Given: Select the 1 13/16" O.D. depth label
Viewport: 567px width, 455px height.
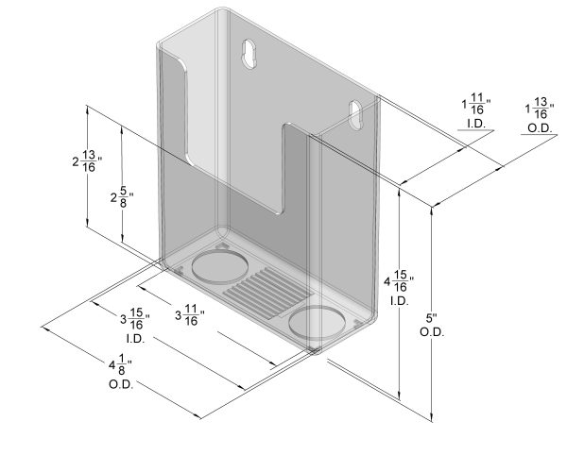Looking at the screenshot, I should tap(539, 110).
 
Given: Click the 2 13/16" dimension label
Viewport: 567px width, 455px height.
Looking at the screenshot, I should tap(87, 161).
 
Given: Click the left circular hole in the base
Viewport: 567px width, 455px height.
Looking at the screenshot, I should tap(217, 264).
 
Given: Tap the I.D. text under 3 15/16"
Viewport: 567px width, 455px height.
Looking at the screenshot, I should tap(134, 338).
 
